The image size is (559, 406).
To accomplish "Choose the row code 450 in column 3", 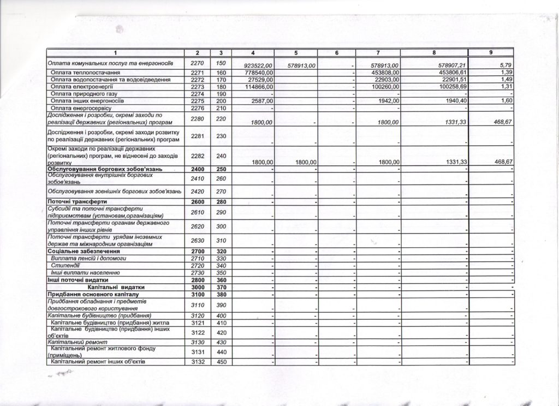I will tap(221, 362).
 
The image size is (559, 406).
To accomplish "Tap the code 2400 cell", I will tap(197, 170).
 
